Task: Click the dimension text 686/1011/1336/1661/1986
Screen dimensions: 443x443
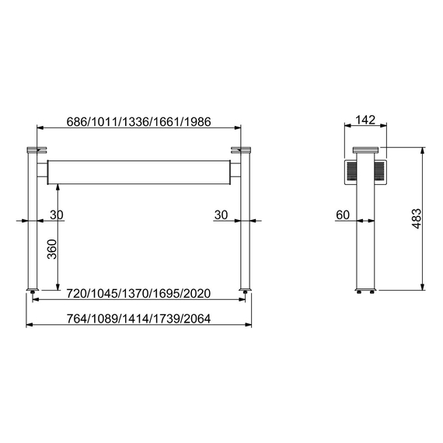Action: click(x=140, y=122)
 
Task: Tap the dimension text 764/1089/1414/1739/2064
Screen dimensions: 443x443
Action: click(x=138, y=319)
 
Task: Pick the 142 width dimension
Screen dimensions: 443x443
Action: click(x=365, y=120)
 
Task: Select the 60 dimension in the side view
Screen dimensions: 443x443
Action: click(x=343, y=215)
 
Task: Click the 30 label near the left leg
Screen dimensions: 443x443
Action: click(x=57, y=215)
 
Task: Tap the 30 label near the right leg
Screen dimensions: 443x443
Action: click(x=220, y=215)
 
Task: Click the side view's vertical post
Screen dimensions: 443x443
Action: click(x=365, y=241)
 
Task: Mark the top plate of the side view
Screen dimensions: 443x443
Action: click(x=365, y=149)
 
